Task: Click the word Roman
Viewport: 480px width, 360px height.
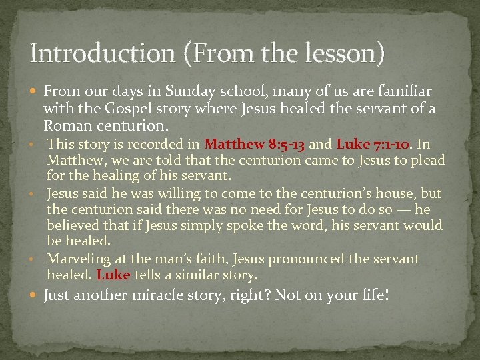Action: [x=64, y=125]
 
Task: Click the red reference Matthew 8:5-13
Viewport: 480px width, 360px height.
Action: [x=255, y=143]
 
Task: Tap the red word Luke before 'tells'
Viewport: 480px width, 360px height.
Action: [x=114, y=275]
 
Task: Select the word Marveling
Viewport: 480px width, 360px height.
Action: [x=77, y=259]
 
